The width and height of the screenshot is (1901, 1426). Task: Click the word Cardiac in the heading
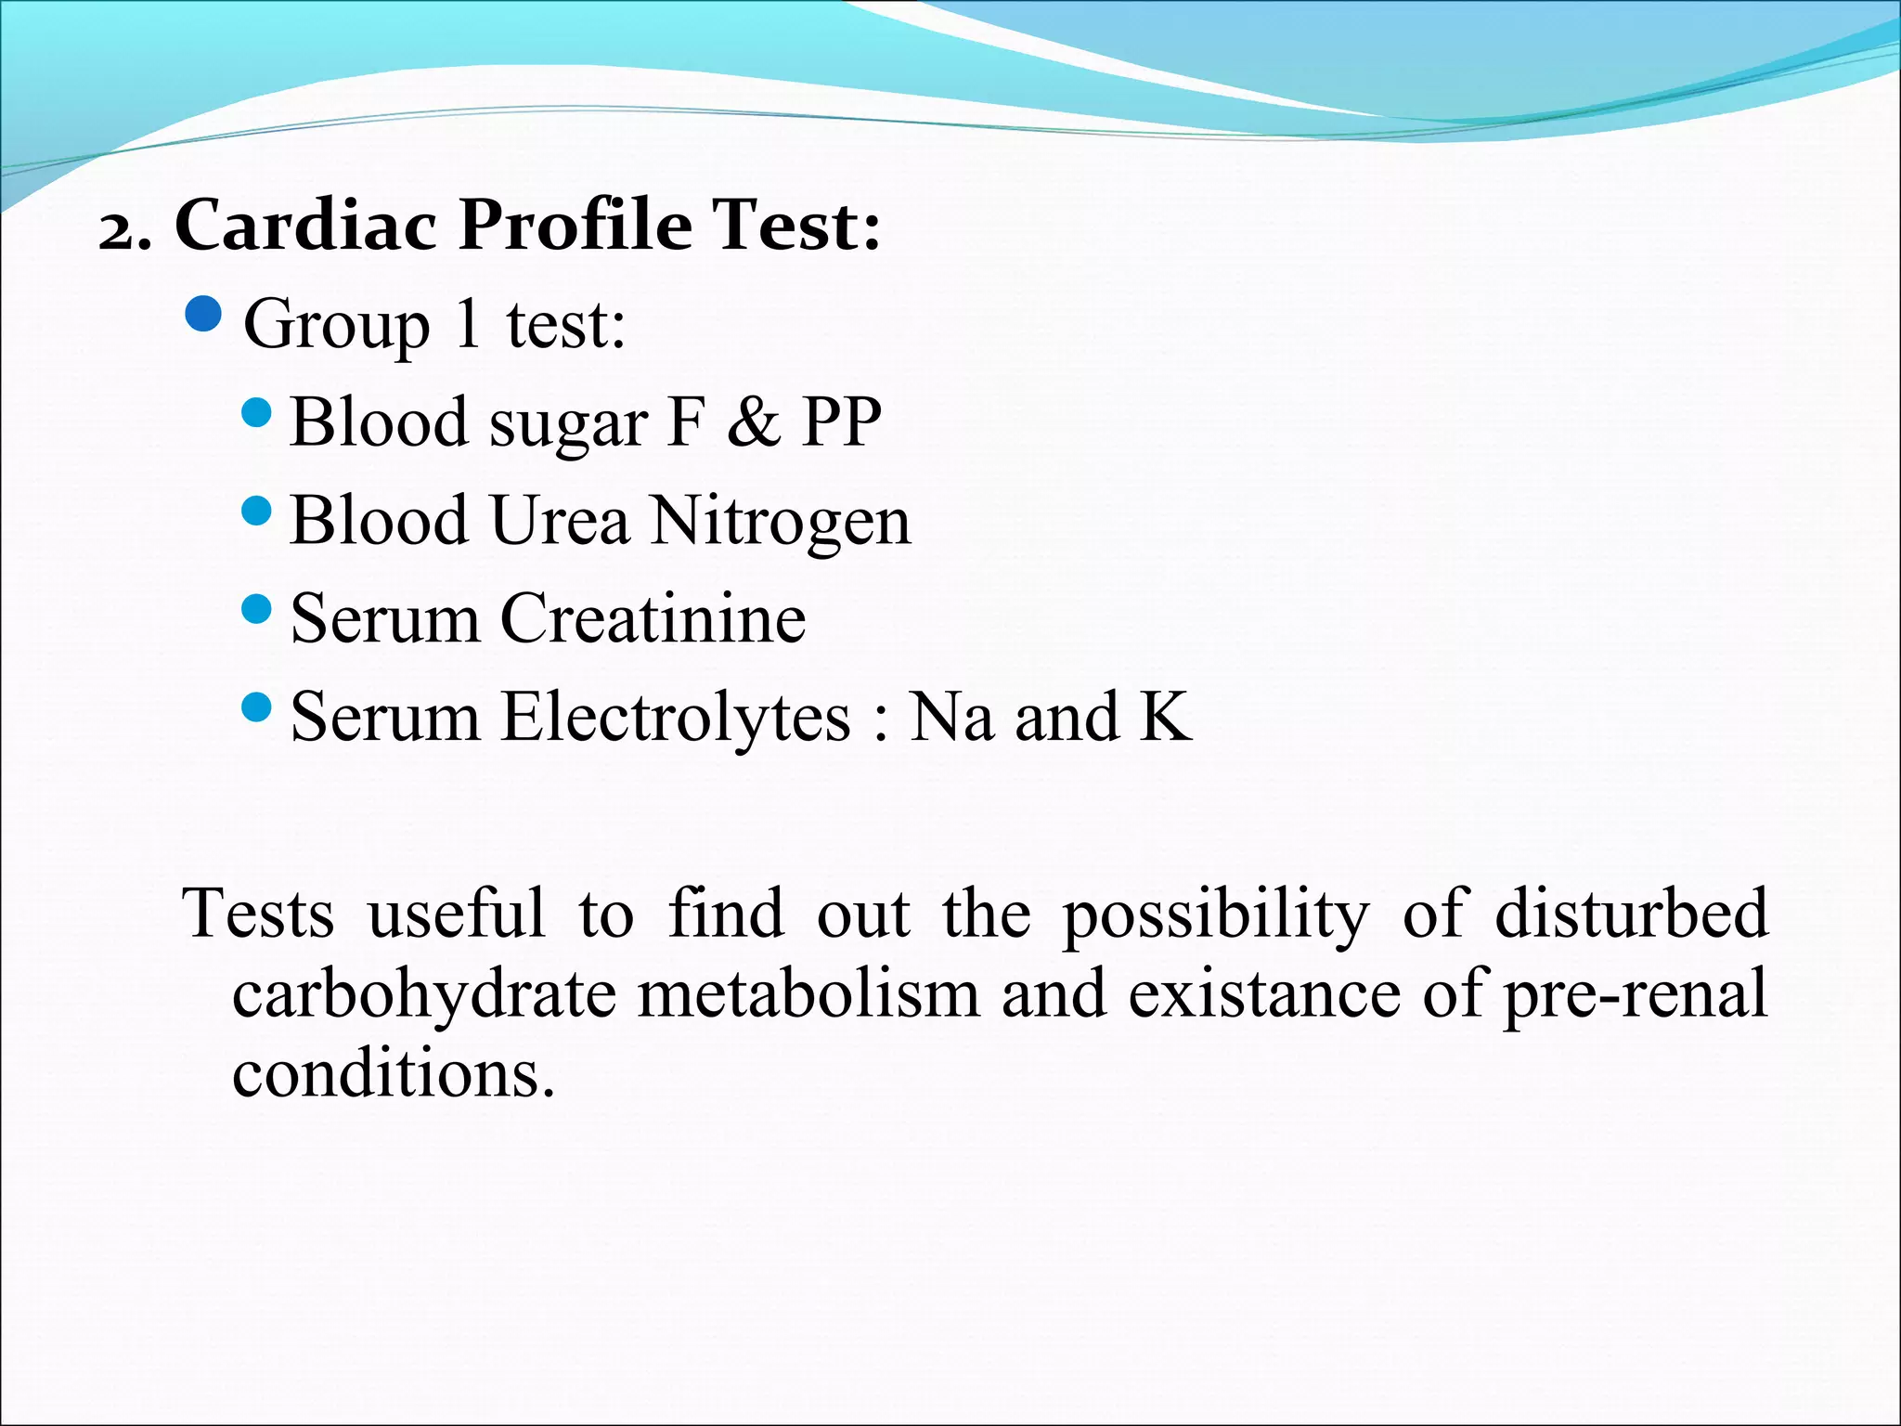(x=305, y=226)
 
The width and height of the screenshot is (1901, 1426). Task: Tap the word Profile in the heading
(x=575, y=226)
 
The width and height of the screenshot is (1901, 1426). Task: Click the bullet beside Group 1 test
(x=203, y=316)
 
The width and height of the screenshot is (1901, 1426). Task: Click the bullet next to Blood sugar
(x=255, y=412)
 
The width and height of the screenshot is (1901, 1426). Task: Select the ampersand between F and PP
(x=754, y=422)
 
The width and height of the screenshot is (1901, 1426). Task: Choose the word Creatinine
(x=653, y=618)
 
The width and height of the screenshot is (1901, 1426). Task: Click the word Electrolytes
(x=675, y=719)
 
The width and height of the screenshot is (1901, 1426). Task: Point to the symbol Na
(x=950, y=717)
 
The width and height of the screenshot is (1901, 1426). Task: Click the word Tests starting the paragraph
(x=258, y=914)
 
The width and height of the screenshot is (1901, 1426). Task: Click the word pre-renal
(x=1636, y=996)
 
